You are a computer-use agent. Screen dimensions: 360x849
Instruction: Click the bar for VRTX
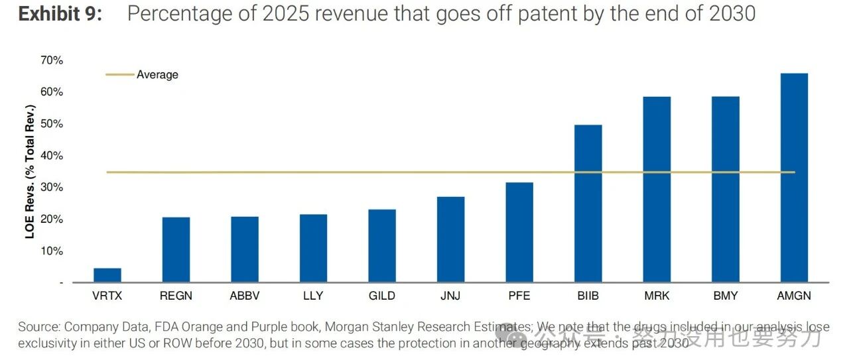(107, 275)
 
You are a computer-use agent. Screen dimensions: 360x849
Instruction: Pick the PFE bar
(519, 232)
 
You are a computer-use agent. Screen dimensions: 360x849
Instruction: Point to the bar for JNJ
(450, 239)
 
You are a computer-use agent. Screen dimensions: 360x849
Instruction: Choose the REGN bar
(176, 249)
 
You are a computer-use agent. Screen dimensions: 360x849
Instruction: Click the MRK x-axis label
(657, 296)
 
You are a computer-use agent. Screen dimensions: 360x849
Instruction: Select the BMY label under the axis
(725, 296)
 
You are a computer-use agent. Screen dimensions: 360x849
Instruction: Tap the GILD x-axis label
(382, 296)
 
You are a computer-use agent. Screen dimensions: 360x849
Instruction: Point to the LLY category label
(313, 296)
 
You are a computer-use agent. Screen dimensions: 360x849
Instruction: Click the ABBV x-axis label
(244, 296)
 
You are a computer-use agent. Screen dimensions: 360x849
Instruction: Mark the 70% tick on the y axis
(51, 60)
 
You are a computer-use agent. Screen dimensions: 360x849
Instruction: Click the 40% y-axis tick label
(51, 156)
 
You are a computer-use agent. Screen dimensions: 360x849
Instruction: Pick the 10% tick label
(51, 251)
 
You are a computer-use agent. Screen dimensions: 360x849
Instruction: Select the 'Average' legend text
(157, 75)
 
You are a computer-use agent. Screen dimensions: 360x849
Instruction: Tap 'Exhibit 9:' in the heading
(60, 14)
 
